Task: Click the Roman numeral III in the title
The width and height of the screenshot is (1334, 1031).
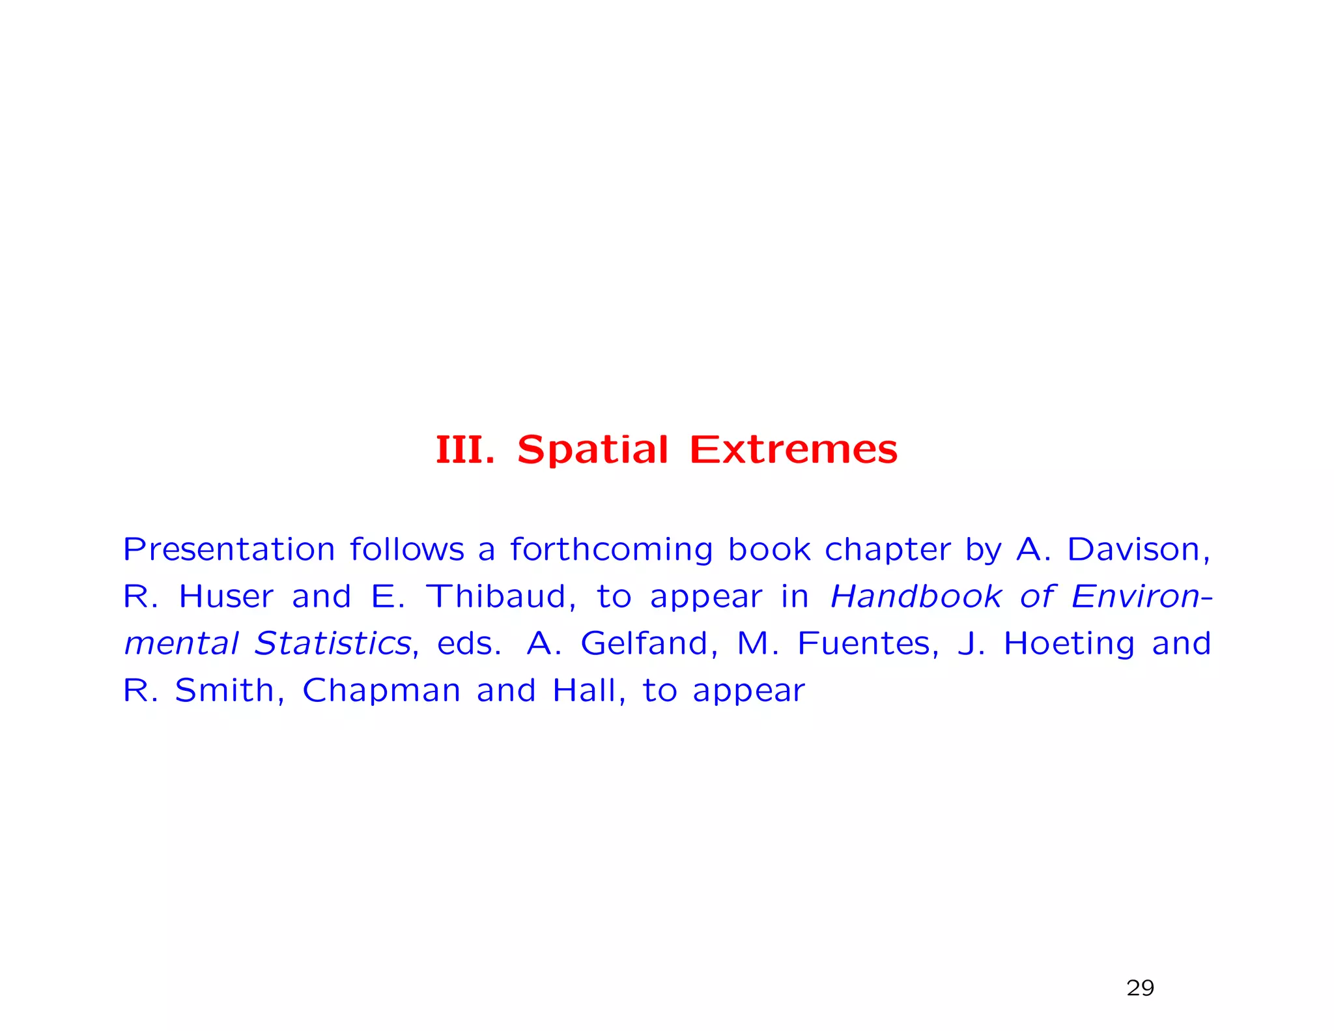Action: coord(464,450)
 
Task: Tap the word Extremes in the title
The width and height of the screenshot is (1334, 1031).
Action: coord(793,450)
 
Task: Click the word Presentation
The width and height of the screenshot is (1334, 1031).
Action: coord(229,549)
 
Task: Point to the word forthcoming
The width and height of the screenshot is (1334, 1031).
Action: coord(611,549)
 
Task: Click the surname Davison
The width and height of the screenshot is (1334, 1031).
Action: coord(1138,549)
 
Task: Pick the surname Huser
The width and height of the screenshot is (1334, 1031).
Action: coord(226,596)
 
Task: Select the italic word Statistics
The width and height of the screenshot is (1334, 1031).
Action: coord(333,643)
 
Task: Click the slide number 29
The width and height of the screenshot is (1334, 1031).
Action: coord(1140,988)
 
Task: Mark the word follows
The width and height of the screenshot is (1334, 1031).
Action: coord(406,549)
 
